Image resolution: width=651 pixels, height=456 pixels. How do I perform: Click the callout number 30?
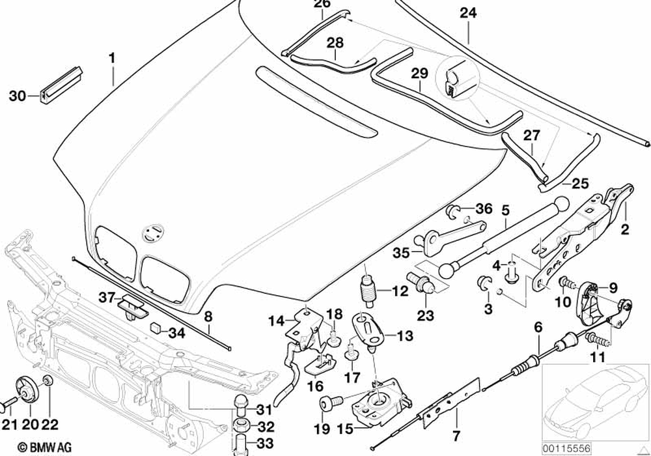pos(18,96)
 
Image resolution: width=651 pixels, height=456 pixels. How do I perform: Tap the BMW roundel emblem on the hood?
pos(154,231)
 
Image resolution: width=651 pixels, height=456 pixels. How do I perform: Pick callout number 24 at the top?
pos(467,13)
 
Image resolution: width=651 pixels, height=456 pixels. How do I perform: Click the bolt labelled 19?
pos(327,406)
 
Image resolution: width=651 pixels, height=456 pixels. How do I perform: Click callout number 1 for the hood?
pos(112,58)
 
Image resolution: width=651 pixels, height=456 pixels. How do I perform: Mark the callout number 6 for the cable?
pos(538,327)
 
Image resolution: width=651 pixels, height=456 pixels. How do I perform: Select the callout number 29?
pos(420,74)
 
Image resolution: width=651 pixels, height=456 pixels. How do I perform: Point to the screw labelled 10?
pos(567,284)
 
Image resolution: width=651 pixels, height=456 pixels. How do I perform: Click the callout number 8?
pos(208,318)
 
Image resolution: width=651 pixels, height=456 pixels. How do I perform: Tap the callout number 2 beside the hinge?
pos(624,229)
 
